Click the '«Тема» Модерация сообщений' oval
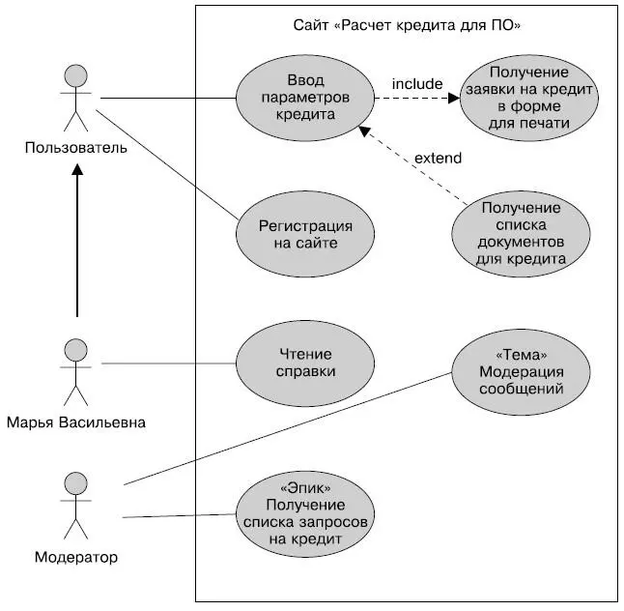click(521, 373)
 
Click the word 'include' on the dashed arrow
click(416, 84)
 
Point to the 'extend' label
click(438, 158)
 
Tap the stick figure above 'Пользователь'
click(75, 97)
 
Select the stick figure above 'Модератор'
click(75, 506)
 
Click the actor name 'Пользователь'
click(75, 148)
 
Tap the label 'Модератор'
click(75, 558)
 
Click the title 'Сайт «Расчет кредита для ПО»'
click(407, 24)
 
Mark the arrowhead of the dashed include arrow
click(452, 98)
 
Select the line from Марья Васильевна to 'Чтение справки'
click(169, 364)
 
